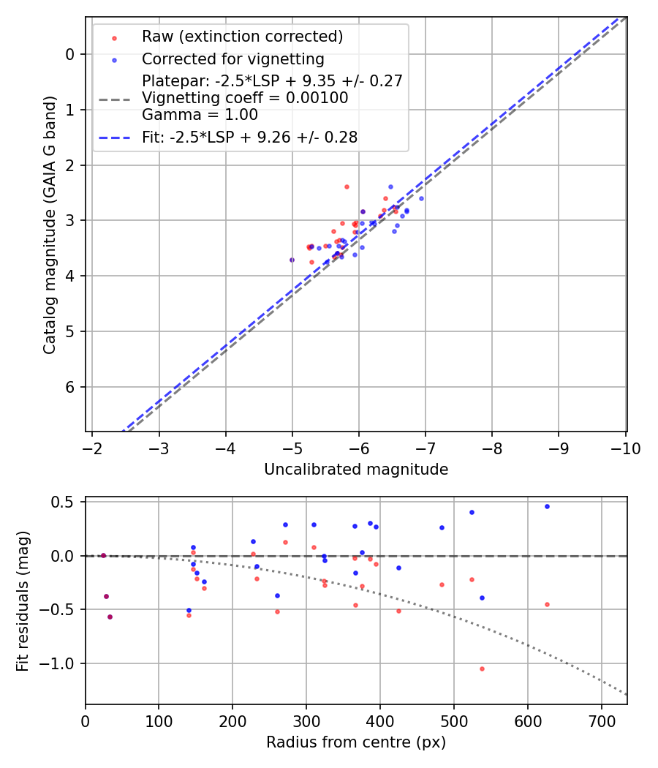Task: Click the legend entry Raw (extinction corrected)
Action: [242, 37]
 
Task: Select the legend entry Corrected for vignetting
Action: [232, 59]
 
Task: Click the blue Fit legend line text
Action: [249, 137]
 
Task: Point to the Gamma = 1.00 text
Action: [189, 114]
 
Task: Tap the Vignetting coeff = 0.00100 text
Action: [245, 98]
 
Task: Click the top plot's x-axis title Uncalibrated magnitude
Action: [356, 470]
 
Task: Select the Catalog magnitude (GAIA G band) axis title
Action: [50, 225]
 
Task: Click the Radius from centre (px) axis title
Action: [356, 742]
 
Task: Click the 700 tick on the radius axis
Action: [601, 721]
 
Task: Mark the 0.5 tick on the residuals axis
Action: [65, 502]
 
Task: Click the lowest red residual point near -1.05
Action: [482, 669]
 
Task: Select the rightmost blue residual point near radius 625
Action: [547, 506]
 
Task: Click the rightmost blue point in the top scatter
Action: [421, 198]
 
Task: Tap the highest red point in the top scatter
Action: [347, 187]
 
